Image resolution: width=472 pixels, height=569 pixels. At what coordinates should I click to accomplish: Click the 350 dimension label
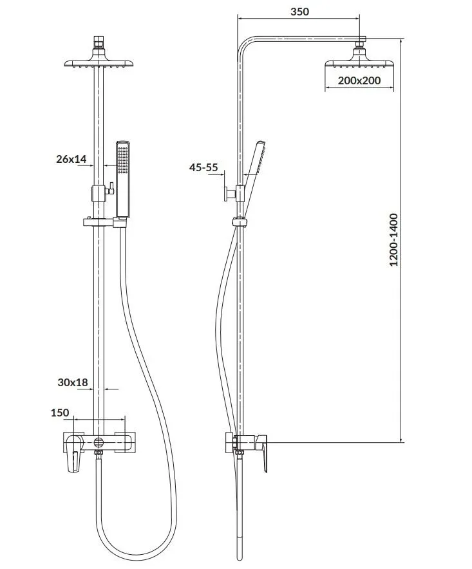(299, 12)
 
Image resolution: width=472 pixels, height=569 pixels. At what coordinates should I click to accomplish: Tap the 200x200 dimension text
(359, 80)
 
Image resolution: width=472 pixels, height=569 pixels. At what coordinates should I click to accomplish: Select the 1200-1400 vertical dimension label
(393, 240)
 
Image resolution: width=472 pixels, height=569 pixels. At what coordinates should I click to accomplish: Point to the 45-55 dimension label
(203, 167)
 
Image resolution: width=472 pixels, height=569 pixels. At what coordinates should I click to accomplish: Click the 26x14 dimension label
(71, 158)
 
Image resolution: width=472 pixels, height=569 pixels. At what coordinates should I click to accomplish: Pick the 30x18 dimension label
(73, 382)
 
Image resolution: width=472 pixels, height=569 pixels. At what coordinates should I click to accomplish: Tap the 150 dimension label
(60, 413)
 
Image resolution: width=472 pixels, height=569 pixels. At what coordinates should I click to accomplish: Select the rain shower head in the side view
(359, 58)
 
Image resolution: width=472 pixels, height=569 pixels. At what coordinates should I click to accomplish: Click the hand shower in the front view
(123, 180)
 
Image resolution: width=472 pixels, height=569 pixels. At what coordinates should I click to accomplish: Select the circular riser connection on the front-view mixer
(99, 442)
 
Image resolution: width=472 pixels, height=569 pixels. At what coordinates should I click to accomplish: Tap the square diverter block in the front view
(99, 193)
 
